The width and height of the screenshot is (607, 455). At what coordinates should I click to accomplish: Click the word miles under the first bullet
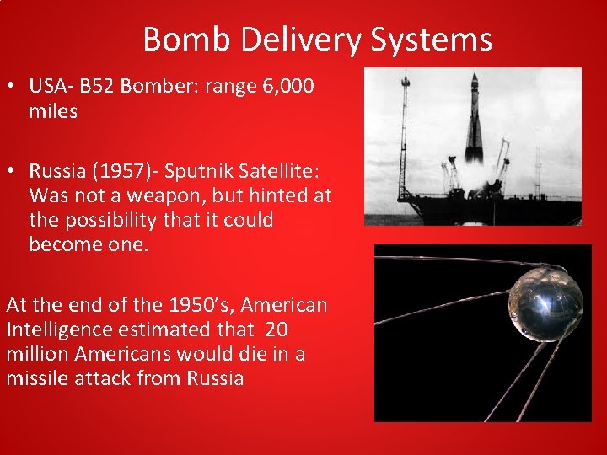(x=53, y=111)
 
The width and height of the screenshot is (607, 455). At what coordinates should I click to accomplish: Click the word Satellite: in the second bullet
(x=277, y=172)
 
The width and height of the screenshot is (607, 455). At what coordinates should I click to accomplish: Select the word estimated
(x=165, y=329)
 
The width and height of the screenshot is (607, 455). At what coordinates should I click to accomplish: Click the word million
(x=35, y=354)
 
